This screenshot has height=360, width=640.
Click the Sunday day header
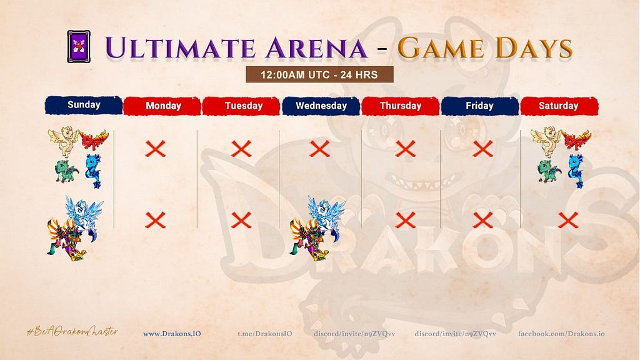84,105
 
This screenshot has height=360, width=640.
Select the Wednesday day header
321,106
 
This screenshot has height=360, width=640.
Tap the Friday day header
479,106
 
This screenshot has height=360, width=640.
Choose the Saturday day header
559,106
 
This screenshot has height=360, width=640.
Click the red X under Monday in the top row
156,149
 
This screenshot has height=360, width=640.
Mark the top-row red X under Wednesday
319,149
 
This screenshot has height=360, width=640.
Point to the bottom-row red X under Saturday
568,221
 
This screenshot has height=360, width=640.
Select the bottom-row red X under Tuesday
241,221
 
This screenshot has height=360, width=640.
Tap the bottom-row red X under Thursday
405,221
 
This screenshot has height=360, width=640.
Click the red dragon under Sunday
94,139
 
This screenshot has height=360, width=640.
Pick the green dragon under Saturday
549,171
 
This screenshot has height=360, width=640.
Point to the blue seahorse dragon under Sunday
93,171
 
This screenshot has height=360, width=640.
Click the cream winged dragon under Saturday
546,142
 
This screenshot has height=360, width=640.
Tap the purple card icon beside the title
79,46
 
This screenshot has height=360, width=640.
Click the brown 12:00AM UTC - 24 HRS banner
319,75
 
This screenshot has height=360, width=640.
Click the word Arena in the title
316,47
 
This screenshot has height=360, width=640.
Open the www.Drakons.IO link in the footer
172,334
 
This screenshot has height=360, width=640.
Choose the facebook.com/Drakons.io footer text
561,334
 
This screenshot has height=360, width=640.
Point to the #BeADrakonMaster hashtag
72,332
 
